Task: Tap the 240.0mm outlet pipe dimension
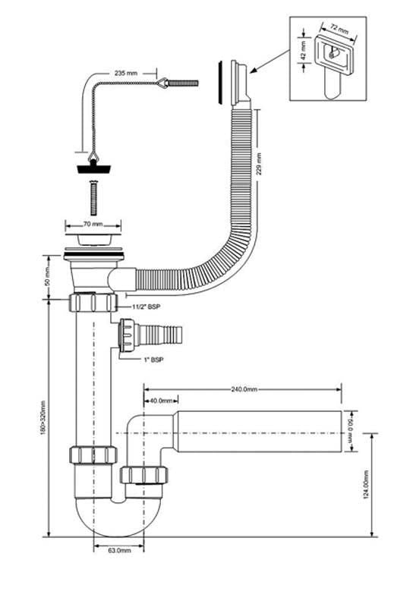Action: [245, 389]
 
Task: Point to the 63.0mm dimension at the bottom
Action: [118, 549]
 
